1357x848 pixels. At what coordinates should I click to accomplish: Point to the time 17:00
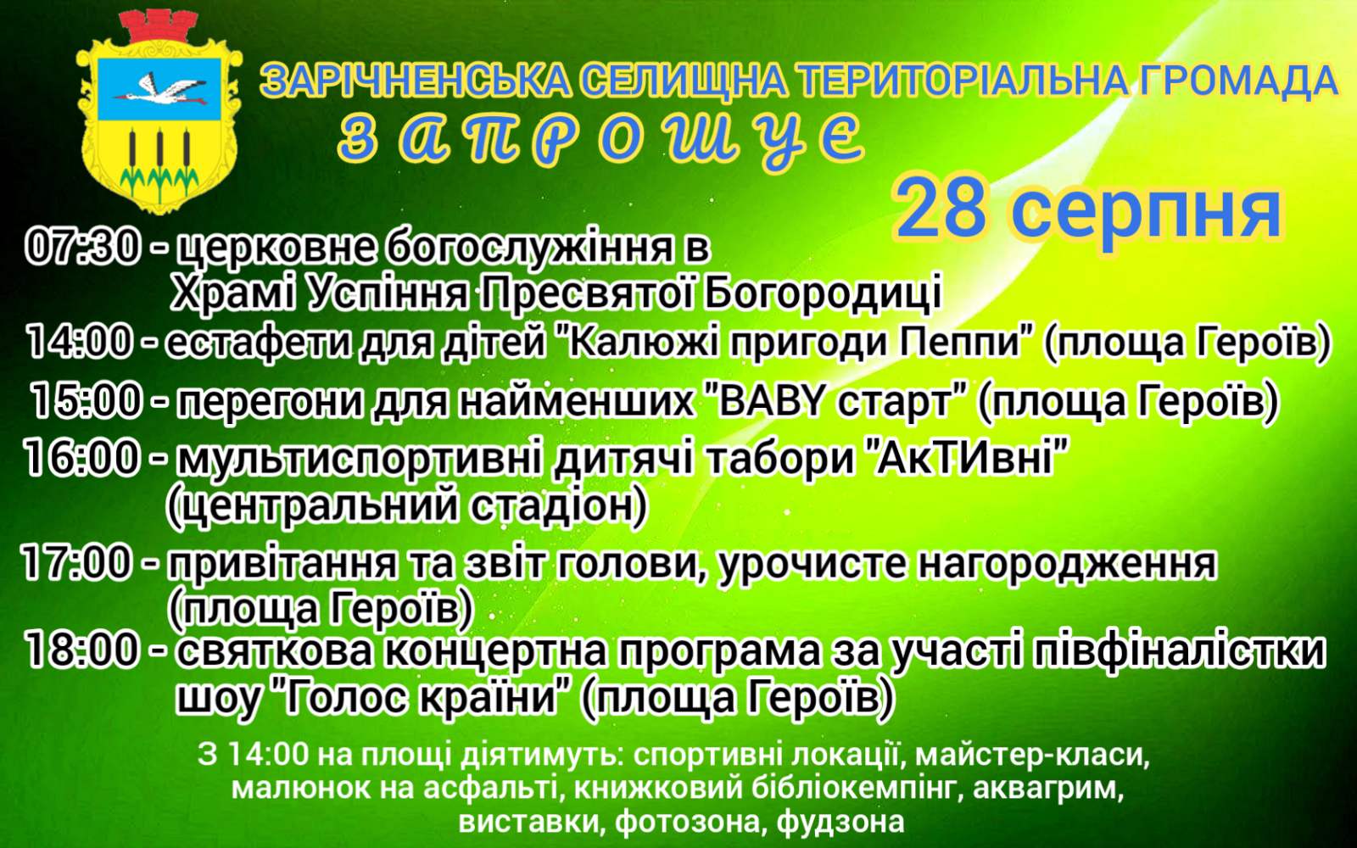76,564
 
